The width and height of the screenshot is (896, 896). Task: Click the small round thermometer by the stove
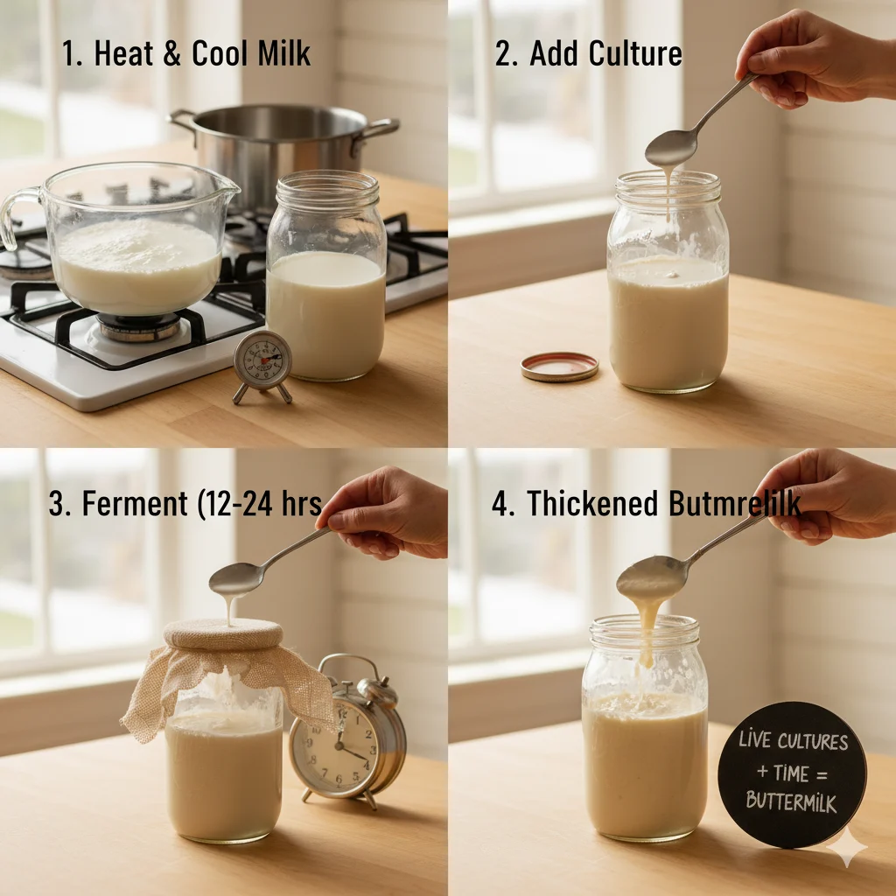262,360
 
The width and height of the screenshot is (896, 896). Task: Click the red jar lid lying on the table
559,366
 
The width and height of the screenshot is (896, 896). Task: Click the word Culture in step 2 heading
634,53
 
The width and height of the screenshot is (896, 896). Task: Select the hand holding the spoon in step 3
385,511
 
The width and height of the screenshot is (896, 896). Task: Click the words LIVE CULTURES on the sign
793,742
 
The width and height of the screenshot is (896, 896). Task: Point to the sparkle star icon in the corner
847,846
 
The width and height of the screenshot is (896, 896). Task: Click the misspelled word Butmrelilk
735,504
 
